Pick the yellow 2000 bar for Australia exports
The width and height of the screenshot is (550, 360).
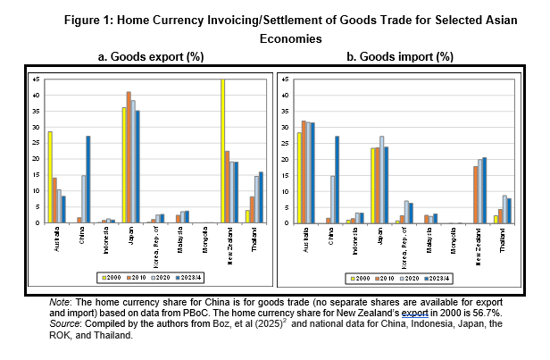point(50,176)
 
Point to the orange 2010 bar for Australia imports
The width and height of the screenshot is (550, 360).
point(304,171)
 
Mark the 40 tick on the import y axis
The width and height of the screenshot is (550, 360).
point(282,95)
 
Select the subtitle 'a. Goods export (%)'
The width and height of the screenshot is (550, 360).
point(150,56)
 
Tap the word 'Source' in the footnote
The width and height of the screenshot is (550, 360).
point(64,323)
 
